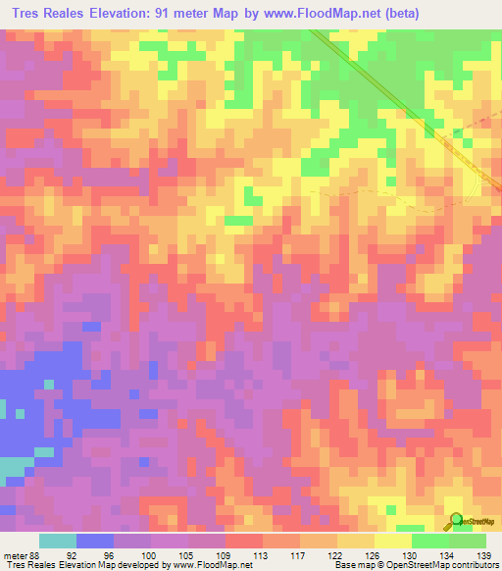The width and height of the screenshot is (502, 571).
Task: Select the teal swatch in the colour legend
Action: tap(58, 541)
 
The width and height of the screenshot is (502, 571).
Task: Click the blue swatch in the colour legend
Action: tap(95, 541)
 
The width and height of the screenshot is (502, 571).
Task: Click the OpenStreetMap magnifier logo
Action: tap(457, 521)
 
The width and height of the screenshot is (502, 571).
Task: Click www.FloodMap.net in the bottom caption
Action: tap(210, 565)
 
